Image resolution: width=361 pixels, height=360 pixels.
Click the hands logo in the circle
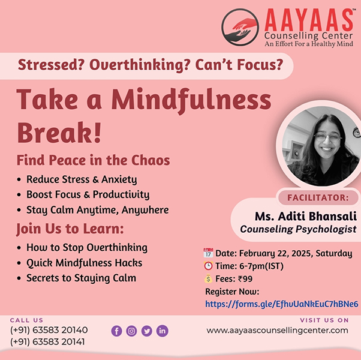tap(240, 27)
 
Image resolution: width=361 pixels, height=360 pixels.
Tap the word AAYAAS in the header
tap(309, 20)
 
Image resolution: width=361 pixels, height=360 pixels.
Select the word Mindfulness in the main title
tap(191, 101)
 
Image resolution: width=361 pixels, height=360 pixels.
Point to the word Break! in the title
tap(59, 133)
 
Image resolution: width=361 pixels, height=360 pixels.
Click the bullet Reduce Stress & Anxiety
tap(82, 179)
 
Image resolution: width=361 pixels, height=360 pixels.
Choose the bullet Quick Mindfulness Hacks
tap(85, 263)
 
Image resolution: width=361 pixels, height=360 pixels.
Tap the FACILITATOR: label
tap(318, 197)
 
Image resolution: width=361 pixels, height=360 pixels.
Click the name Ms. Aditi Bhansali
tap(306, 216)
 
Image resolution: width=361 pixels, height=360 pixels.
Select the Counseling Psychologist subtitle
tap(298, 229)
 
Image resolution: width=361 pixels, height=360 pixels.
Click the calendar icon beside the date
tap(208, 253)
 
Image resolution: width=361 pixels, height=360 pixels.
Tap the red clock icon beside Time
tap(208, 266)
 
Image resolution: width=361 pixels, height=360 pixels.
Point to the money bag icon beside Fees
tap(208, 278)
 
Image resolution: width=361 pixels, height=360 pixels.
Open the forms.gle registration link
tap(282, 304)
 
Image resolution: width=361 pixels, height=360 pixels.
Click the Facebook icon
tap(117, 331)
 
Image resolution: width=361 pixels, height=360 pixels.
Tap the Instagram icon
tap(132, 331)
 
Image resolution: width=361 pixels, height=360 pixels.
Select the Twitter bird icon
tap(147, 331)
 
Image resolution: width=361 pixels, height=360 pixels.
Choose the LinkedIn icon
tap(163, 331)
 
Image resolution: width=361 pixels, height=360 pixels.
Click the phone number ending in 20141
tap(47, 342)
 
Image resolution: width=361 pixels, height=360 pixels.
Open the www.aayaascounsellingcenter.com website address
tap(277, 330)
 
